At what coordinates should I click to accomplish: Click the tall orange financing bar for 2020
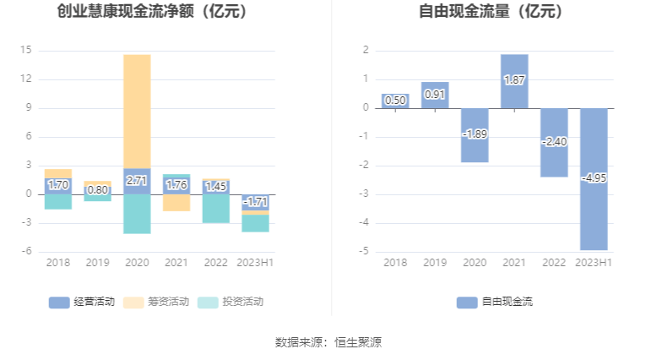[137, 110]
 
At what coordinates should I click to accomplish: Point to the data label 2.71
[137, 181]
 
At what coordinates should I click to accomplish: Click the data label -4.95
[593, 178]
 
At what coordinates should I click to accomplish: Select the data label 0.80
[97, 189]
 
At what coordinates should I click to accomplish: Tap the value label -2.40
[554, 142]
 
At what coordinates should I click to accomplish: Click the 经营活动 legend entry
[82, 302]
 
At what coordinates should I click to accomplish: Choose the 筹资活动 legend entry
[156, 302]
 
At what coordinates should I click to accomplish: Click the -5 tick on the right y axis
[365, 251]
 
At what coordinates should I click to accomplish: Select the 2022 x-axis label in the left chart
[216, 263]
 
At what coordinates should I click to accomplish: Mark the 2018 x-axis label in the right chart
[394, 263]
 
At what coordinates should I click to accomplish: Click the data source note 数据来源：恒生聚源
[328, 342]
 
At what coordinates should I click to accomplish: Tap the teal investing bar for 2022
[216, 209]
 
